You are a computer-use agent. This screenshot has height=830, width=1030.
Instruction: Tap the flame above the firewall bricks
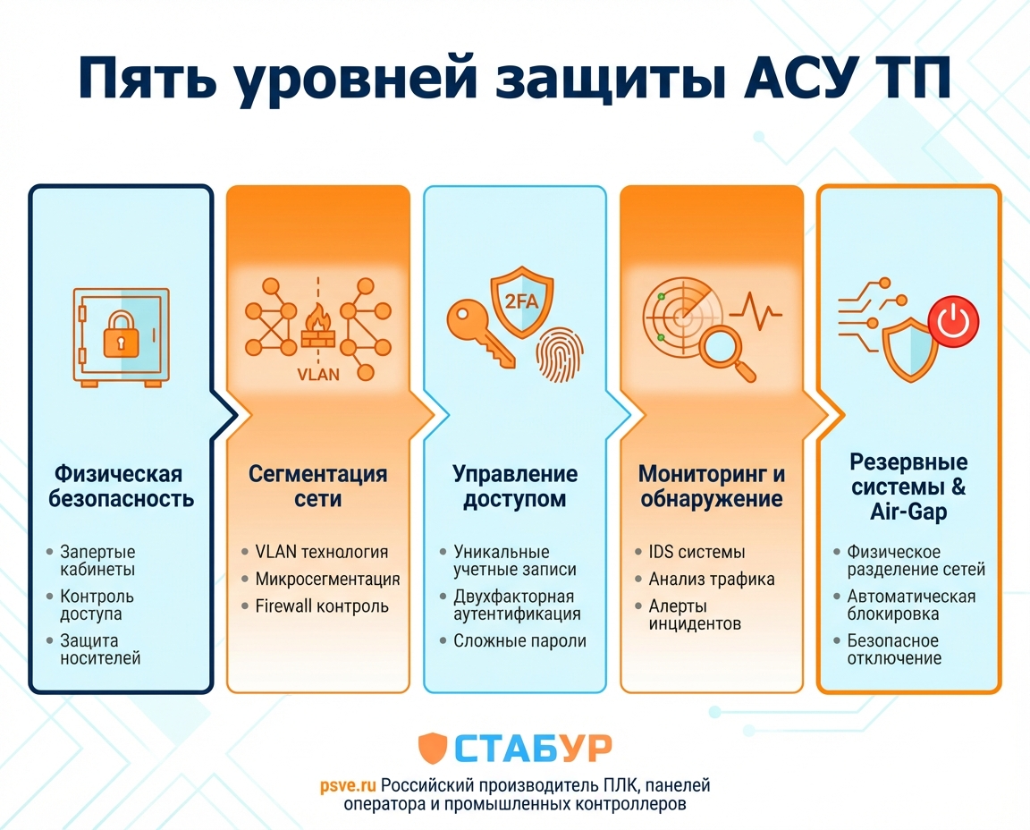point(317,319)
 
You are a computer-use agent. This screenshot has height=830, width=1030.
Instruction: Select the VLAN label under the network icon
point(318,374)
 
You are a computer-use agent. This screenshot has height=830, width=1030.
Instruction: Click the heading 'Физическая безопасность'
point(123,486)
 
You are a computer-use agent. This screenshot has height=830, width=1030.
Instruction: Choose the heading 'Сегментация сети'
point(317,486)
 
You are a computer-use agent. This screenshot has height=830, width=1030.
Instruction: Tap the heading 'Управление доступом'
point(514,486)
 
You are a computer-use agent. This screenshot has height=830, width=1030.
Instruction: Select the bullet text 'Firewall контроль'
point(322,606)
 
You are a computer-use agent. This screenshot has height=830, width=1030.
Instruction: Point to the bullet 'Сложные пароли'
point(519,640)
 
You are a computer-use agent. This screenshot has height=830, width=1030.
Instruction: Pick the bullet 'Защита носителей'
point(100,649)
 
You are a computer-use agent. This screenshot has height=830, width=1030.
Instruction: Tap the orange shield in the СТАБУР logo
point(433,749)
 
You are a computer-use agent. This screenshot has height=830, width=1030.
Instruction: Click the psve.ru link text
point(348,786)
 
